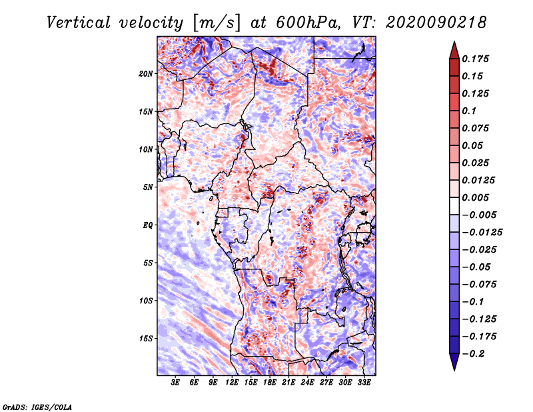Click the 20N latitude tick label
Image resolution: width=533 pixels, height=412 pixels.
(145, 74)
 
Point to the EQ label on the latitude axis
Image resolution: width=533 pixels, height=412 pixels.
(147, 225)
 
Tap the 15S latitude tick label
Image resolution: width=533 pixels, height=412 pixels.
(145, 339)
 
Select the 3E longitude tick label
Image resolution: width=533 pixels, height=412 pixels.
(175, 383)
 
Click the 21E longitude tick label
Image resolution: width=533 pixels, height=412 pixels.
(288, 383)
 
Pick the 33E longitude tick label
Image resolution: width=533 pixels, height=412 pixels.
(364, 383)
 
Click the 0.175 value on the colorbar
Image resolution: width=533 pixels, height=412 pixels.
(475, 59)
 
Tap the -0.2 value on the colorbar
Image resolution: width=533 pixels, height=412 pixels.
(473, 354)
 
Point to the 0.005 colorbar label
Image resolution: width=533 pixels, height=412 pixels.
(475, 197)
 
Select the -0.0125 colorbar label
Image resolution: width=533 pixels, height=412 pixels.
(482, 233)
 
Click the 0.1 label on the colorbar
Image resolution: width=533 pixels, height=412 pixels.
(469, 111)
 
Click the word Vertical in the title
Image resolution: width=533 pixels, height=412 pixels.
(79, 23)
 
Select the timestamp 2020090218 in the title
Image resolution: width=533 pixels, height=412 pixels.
(436, 23)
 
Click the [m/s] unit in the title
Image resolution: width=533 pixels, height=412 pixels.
(216, 23)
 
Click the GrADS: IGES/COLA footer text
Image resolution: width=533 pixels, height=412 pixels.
(37, 407)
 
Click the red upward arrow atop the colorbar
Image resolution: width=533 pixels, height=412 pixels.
(454, 51)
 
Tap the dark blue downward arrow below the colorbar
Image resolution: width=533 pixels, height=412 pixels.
(454, 362)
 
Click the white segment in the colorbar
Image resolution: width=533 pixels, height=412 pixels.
(454, 206)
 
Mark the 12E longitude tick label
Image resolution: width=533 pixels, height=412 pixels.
(231, 383)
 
